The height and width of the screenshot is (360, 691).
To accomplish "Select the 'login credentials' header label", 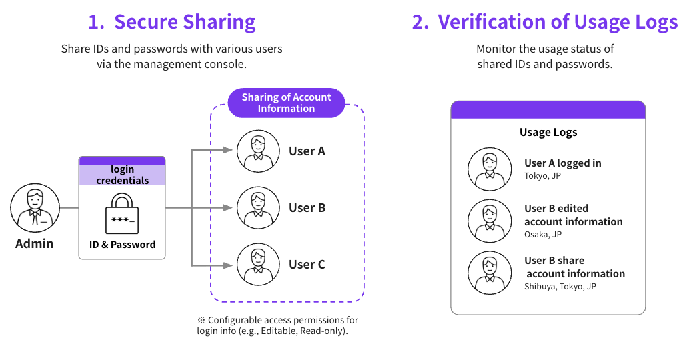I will [122, 175].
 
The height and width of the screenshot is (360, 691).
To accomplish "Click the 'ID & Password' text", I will [122, 245].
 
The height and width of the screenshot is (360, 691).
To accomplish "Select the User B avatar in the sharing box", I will [259, 208].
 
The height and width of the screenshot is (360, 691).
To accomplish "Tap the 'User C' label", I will [307, 265].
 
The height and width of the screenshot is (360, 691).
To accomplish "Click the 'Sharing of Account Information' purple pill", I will [286, 103].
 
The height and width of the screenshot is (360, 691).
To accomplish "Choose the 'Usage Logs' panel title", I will [548, 132].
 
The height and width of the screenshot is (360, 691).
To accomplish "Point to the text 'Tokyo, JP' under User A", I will [543, 176].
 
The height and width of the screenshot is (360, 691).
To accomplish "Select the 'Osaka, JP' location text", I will [543, 235].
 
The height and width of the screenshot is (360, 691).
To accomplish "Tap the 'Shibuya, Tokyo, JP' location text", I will [560, 287].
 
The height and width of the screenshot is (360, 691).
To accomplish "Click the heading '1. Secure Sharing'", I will [172, 22].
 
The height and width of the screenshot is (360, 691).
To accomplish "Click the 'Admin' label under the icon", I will [34, 243].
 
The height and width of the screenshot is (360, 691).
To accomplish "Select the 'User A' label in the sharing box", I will [307, 151].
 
